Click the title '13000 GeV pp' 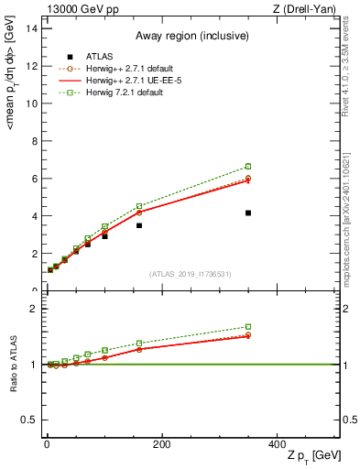tap(79, 9)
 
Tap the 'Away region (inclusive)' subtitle tap(191, 38)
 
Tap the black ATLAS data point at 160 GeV tap(139, 225)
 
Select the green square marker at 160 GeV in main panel tap(139, 206)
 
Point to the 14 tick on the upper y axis tap(30, 28)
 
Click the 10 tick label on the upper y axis tap(30, 104)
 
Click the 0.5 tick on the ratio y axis tap(27, 420)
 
